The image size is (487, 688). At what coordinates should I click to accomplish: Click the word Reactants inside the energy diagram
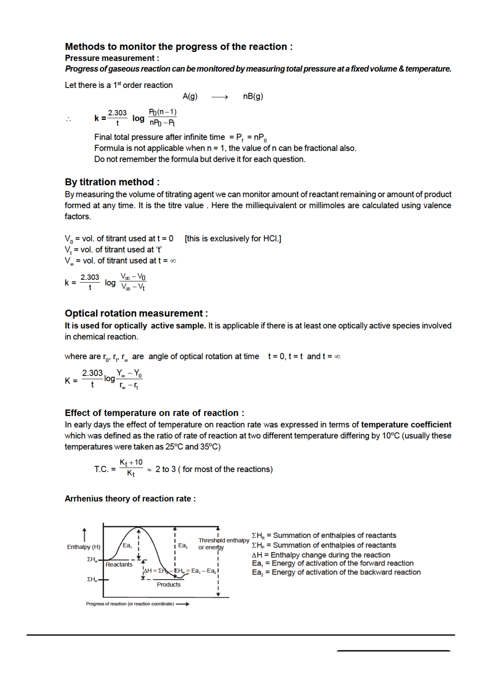(x=119, y=564)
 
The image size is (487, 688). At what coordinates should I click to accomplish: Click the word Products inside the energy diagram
(x=169, y=584)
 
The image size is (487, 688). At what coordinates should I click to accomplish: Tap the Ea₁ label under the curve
(x=127, y=545)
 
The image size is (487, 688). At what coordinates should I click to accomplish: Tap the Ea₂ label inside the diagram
(x=183, y=545)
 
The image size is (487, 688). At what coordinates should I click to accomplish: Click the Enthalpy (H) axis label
(x=84, y=547)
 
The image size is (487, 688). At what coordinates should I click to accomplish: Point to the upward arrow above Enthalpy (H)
(x=84, y=534)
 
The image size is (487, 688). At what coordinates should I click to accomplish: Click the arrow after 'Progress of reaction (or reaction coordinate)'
(x=183, y=604)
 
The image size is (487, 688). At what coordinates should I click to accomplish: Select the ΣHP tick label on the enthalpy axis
(x=92, y=579)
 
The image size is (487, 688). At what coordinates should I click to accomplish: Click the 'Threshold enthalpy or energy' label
(x=223, y=543)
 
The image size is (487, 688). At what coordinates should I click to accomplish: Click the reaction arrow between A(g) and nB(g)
(x=220, y=97)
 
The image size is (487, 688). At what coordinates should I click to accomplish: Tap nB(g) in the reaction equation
(x=253, y=97)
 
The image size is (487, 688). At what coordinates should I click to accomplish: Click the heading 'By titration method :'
(x=112, y=182)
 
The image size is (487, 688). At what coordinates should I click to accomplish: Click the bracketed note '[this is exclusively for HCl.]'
(x=233, y=238)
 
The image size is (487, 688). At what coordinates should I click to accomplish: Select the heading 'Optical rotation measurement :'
(x=136, y=313)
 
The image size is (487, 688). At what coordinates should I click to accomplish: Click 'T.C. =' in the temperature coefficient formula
(x=104, y=469)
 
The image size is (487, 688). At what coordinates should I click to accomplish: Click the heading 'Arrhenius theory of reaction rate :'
(x=130, y=499)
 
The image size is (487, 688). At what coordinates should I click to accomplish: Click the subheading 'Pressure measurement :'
(x=112, y=58)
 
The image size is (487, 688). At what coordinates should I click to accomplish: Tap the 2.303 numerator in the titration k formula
(x=90, y=277)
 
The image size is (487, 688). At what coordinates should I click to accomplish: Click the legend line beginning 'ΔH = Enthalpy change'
(x=321, y=555)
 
